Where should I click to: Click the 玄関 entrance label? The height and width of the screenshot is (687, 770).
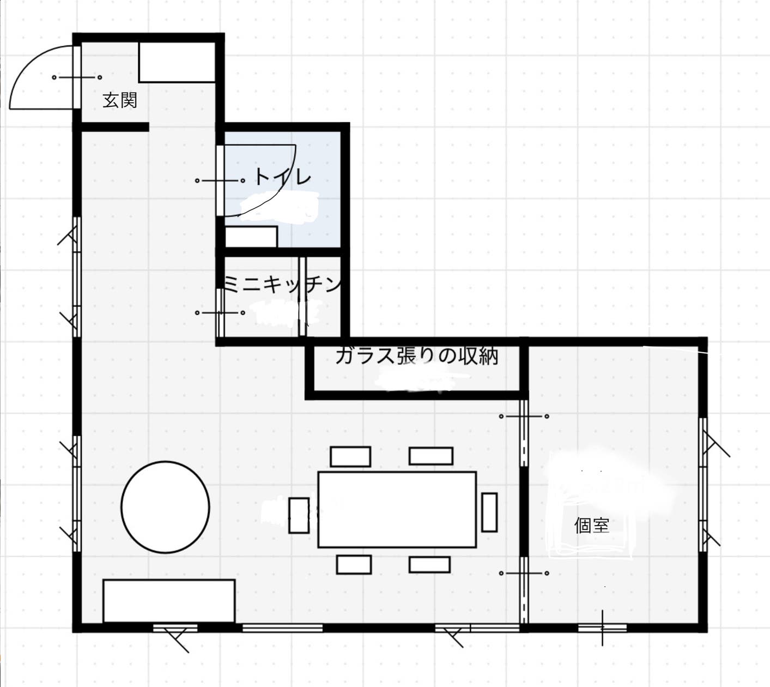click(120, 100)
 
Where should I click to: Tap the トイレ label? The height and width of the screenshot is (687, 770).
click(282, 177)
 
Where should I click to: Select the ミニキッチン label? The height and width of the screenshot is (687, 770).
click(282, 284)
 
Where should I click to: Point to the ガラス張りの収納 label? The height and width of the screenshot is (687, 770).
click(416, 357)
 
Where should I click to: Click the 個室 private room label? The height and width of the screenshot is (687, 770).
click(592, 525)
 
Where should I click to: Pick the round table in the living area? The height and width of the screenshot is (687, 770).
click(165, 507)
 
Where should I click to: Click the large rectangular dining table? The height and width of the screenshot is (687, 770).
click(397, 510)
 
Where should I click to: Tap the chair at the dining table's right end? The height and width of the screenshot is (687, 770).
click(489, 512)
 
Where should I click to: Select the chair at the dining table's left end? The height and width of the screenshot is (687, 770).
click(299, 515)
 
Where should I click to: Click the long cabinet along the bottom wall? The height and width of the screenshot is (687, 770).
click(169, 601)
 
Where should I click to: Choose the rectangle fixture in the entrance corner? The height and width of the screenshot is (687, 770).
click(177, 62)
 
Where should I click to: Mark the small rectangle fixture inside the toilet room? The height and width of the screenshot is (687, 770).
click(251, 237)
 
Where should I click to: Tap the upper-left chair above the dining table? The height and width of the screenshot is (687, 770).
click(350, 456)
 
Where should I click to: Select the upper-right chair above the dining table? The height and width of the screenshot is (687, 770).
click(431, 456)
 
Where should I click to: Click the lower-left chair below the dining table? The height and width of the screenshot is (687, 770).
click(354, 564)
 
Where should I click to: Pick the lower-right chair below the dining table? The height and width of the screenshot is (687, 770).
click(430, 564)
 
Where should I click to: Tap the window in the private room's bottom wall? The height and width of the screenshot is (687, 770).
click(602, 628)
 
